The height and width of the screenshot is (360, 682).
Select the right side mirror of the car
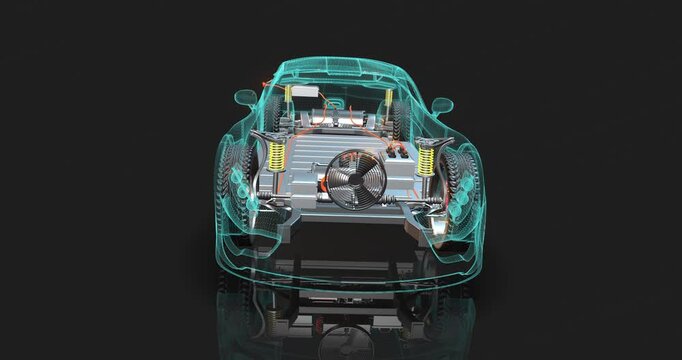[x=442, y=105]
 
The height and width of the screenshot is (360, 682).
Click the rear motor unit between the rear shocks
[x=338, y=116]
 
